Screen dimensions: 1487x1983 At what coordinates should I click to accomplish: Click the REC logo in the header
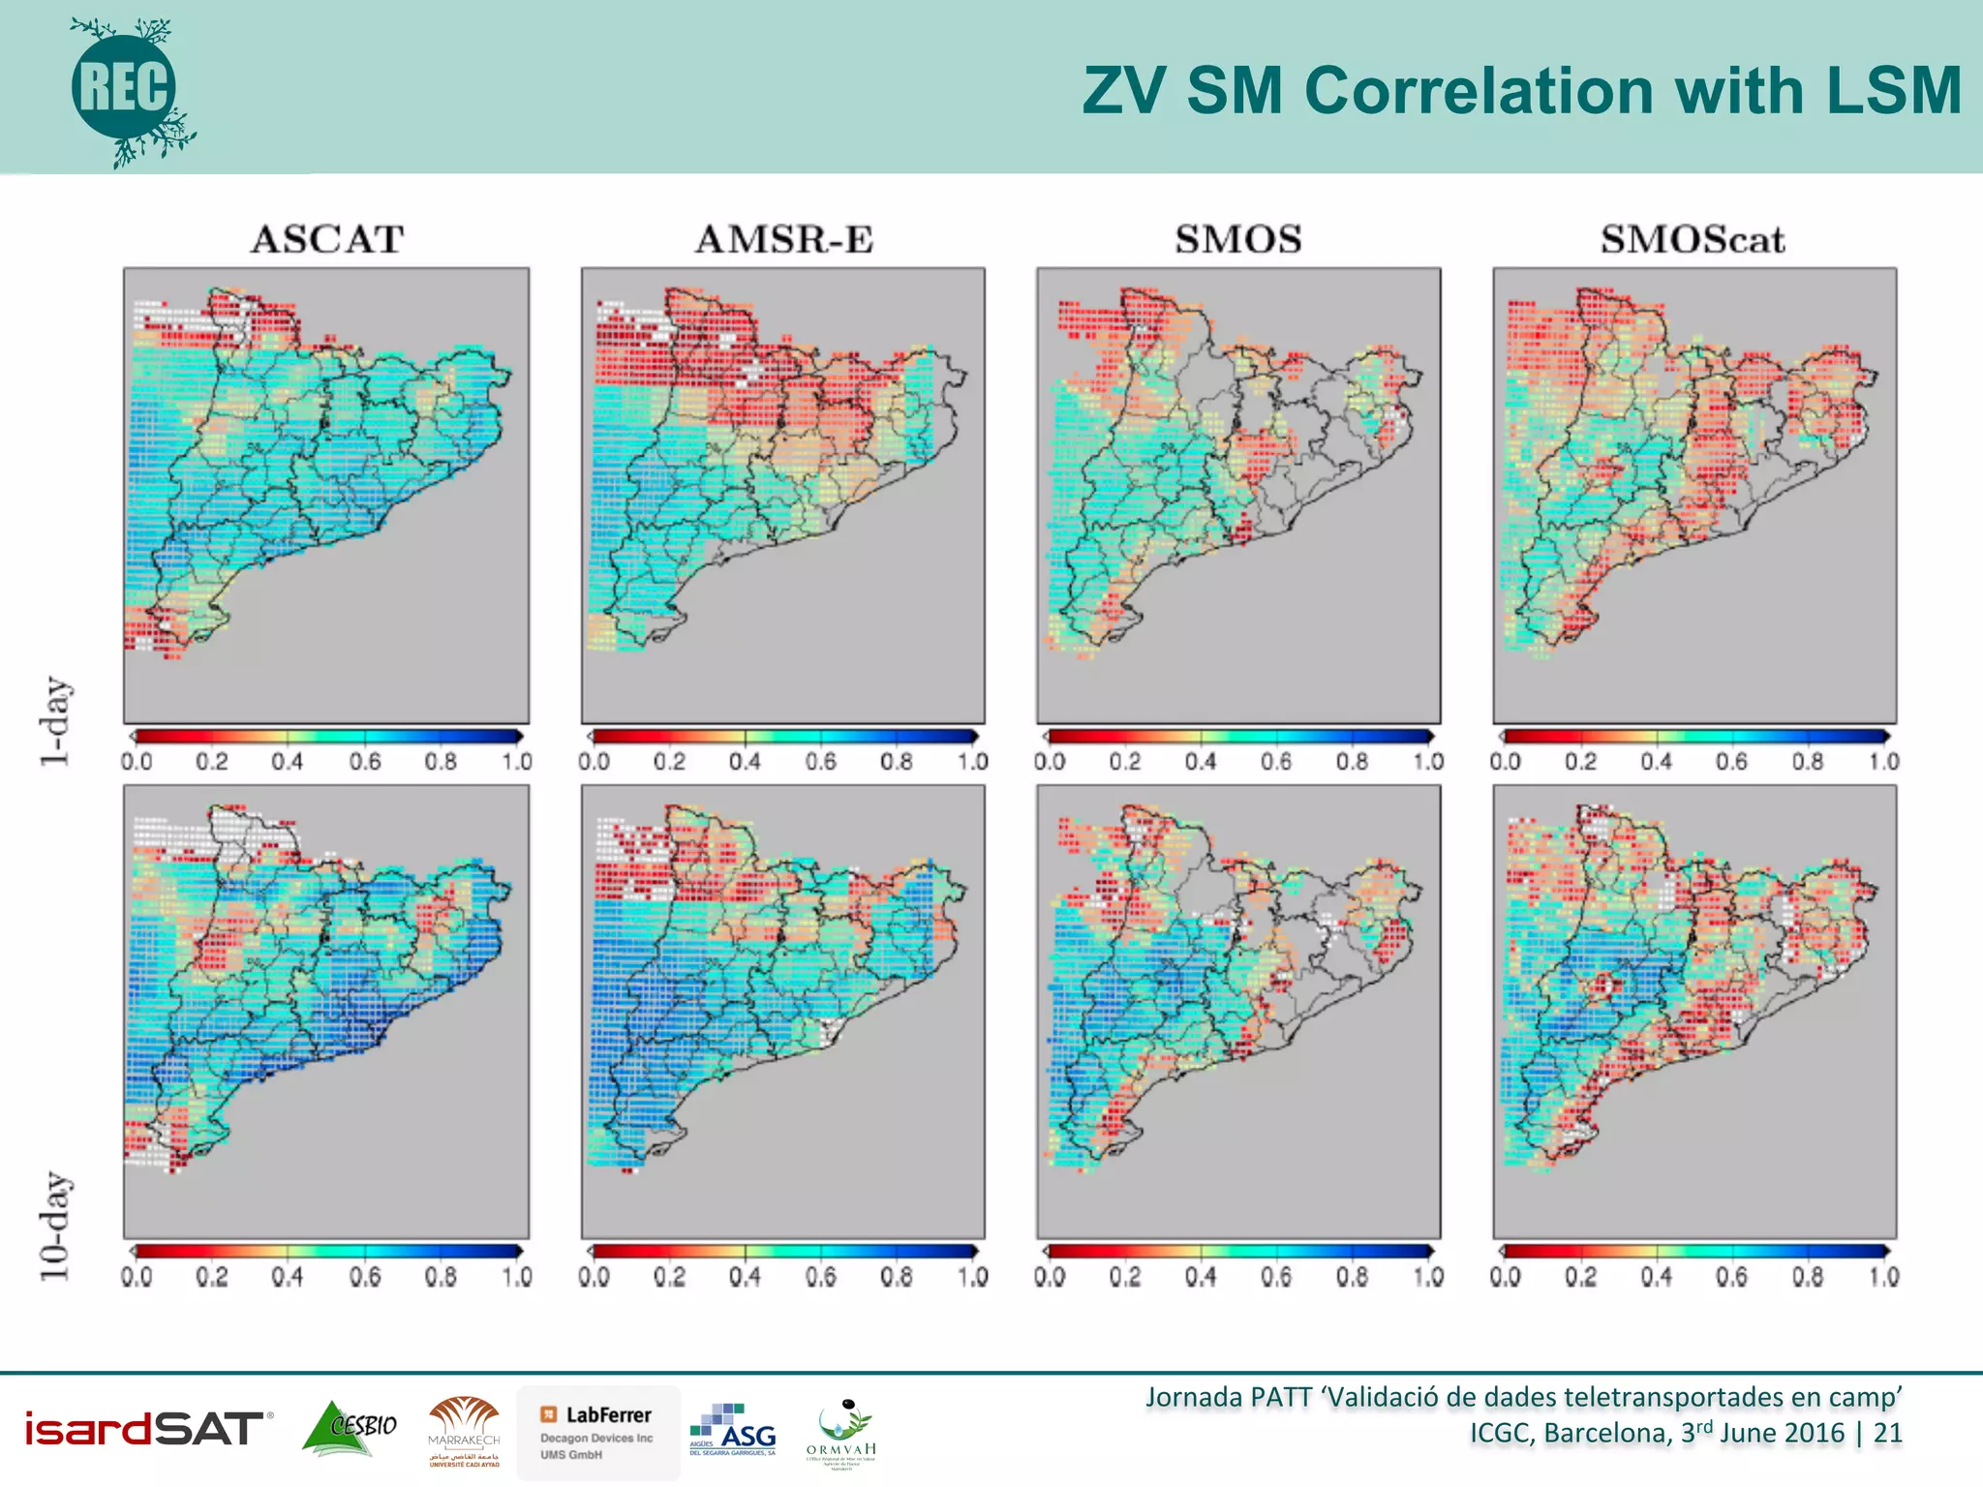pos(127,89)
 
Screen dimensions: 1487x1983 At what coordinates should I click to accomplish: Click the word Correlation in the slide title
pos(1481,91)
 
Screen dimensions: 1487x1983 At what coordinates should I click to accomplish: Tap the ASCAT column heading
pos(327,239)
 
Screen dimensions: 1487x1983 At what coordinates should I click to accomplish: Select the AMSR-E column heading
pos(784,239)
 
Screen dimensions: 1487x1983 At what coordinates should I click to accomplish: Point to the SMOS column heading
pos(1238,239)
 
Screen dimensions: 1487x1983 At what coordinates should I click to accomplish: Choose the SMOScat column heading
pos(1692,239)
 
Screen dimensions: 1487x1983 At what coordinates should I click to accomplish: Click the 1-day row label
pos(55,721)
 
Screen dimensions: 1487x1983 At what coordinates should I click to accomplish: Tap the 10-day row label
pos(55,1227)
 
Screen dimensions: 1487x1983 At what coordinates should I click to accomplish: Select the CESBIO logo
pos(350,1428)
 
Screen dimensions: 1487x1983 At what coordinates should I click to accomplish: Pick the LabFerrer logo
pos(597,1432)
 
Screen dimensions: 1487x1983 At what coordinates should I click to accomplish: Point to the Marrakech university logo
pos(464,1432)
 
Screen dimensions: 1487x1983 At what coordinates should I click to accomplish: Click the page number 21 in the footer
pos(1887,1433)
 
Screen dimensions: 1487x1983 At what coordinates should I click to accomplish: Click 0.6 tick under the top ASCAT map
pos(365,762)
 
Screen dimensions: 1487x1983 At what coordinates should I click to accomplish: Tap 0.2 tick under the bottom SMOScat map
pos(1580,1277)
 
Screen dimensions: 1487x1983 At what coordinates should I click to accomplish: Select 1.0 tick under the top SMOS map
pos(1427,762)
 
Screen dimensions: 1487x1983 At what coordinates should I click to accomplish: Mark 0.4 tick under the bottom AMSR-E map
pos(745,1277)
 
